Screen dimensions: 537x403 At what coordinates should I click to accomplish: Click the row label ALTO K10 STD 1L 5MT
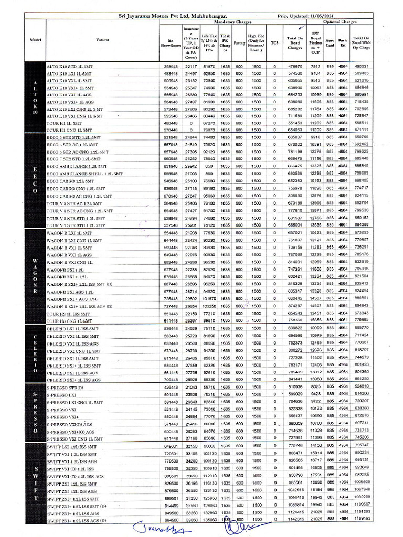pyautogui.click(x=69, y=67)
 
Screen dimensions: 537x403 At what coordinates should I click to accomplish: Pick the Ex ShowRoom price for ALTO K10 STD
pyautogui.click(x=171, y=67)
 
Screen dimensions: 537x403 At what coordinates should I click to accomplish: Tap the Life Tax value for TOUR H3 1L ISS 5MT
pyautogui.click(x=209, y=313)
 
